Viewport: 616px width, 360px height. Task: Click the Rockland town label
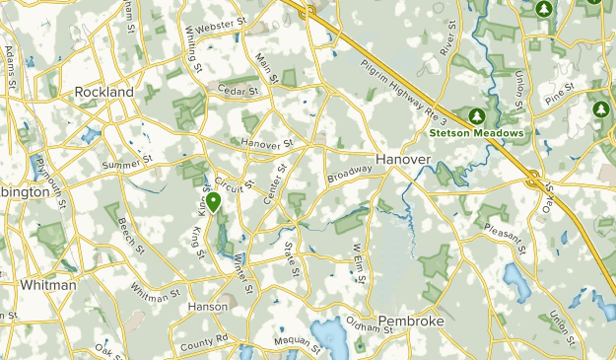[x=103, y=92]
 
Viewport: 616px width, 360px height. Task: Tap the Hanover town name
[x=402, y=159]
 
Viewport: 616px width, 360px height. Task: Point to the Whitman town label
[x=48, y=285]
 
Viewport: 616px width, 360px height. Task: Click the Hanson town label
[x=208, y=307]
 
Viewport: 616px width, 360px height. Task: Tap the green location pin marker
[x=213, y=202]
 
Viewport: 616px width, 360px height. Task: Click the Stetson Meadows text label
[x=475, y=132]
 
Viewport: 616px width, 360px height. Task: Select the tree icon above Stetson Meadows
[x=480, y=113]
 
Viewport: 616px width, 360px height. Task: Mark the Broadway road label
[x=350, y=175]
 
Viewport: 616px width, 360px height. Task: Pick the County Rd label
[x=205, y=342]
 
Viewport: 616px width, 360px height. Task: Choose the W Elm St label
[x=358, y=263]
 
